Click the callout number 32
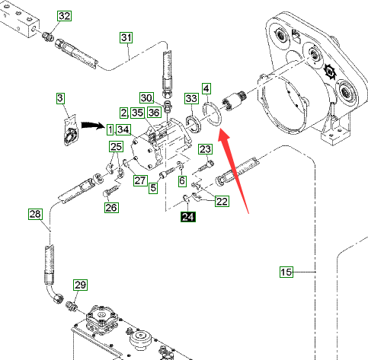click(x=64, y=16)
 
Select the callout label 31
click(x=126, y=38)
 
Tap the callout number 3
click(x=60, y=98)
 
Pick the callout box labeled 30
click(x=146, y=98)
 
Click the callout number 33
click(x=191, y=98)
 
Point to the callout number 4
click(x=206, y=88)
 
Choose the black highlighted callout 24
click(x=188, y=217)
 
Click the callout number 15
click(x=286, y=272)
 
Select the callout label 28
click(x=35, y=214)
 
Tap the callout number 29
click(x=80, y=285)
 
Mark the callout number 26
click(x=111, y=208)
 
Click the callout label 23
click(x=205, y=149)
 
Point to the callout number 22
click(x=222, y=202)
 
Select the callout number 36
click(x=154, y=113)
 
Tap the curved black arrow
click(x=93, y=125)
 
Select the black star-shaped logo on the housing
click(x=330, y=72)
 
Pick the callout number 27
click(x=140, y=180)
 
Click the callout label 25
click(x=117, y=147)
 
